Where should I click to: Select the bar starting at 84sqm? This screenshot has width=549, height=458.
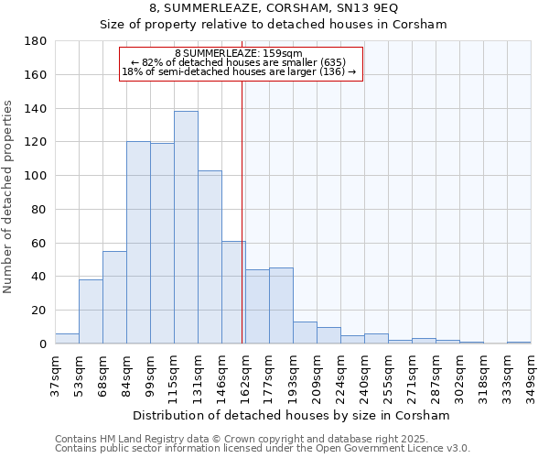click(x=138, y=243)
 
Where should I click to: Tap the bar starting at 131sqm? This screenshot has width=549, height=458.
click(x=210, y=257)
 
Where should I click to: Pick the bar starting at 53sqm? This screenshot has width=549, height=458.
click(x=91, y=311)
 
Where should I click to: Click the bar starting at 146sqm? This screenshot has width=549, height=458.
click(x=233, y=292)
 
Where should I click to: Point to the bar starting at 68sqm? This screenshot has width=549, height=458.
click(x=114, y=298)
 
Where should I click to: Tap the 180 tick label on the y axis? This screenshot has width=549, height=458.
click(x=36, y=41)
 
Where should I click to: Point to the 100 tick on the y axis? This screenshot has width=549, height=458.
click(x=36, y=176)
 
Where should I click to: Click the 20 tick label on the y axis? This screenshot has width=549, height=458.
click(x=39, y=311)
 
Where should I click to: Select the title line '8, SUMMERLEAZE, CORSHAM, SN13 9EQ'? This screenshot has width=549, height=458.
click(x=273, y=8)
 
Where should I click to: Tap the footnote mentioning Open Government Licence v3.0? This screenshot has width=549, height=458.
click(x=263, y=449)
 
